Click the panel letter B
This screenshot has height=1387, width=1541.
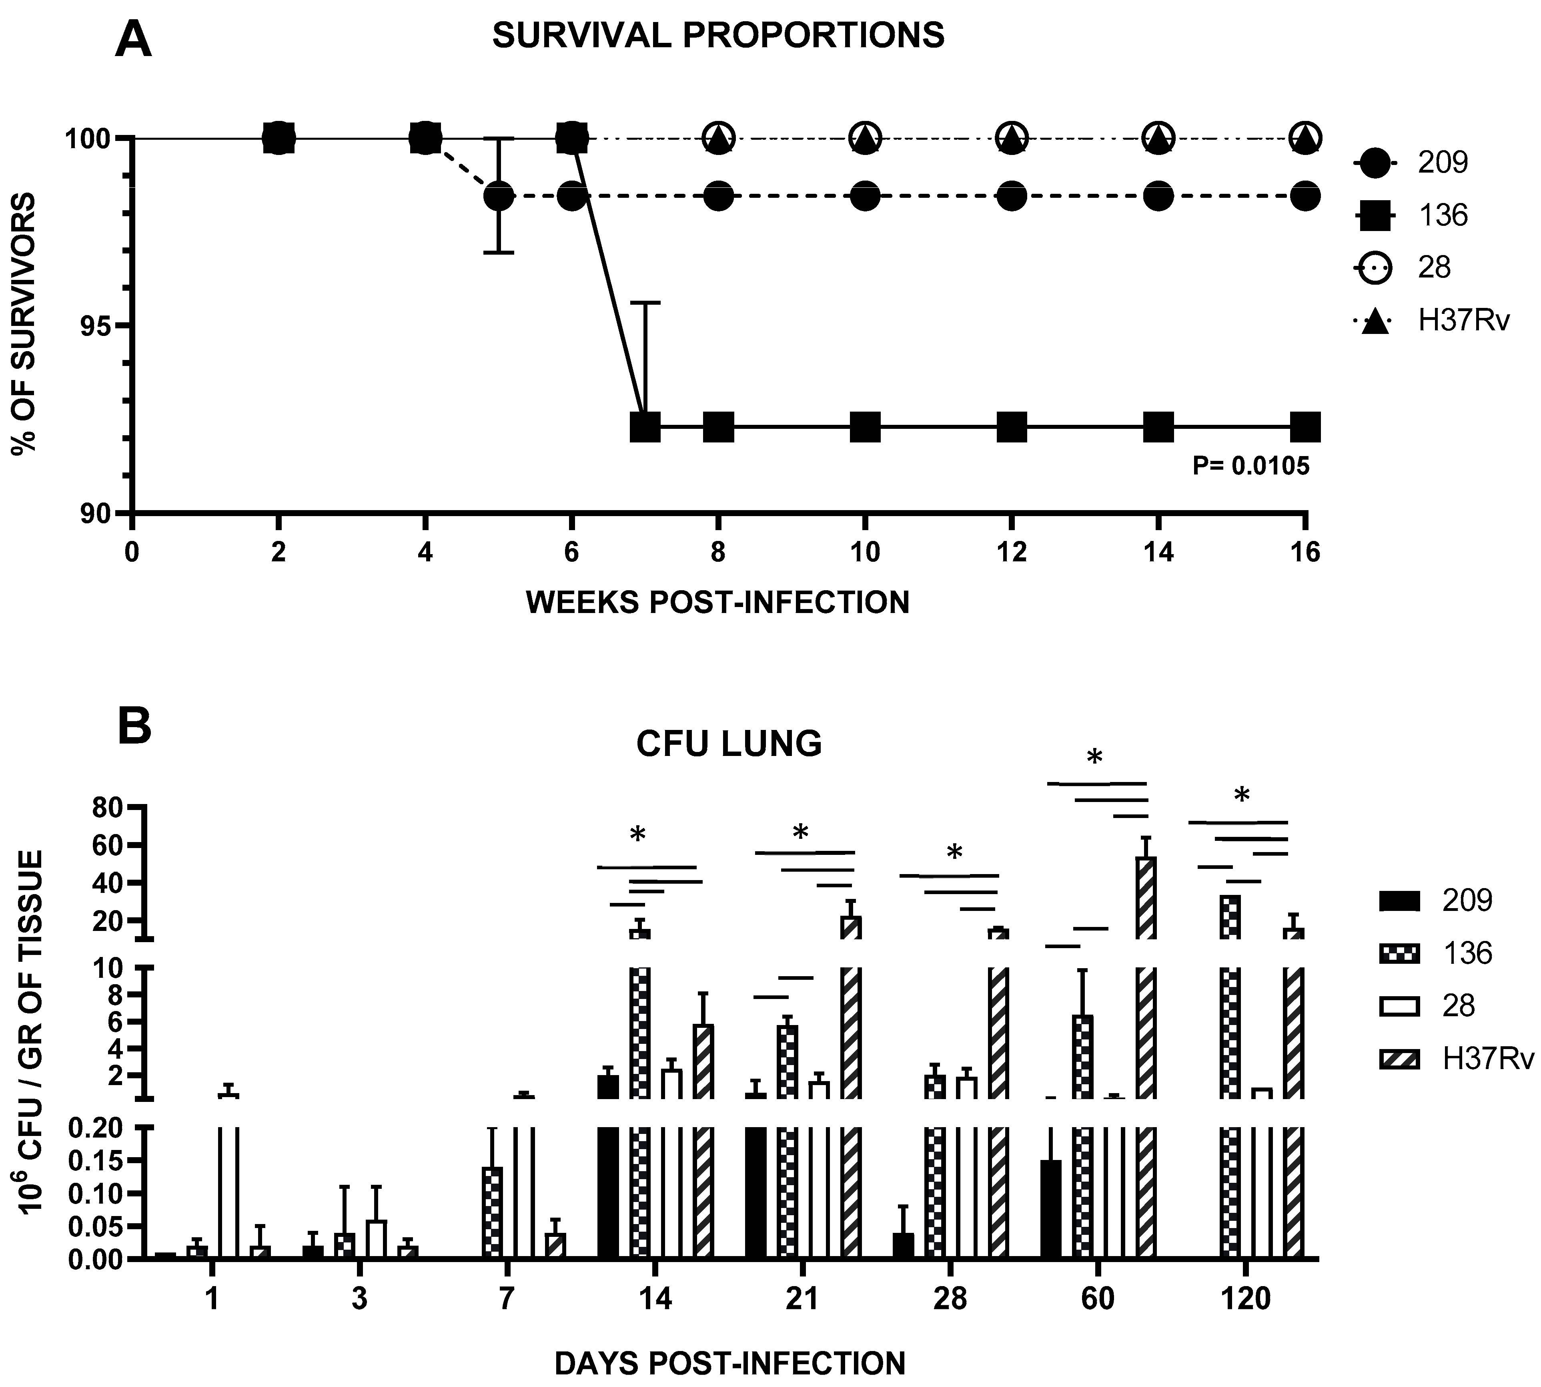(x=135, y=728)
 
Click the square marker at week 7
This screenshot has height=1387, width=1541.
(x=645, y=427)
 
